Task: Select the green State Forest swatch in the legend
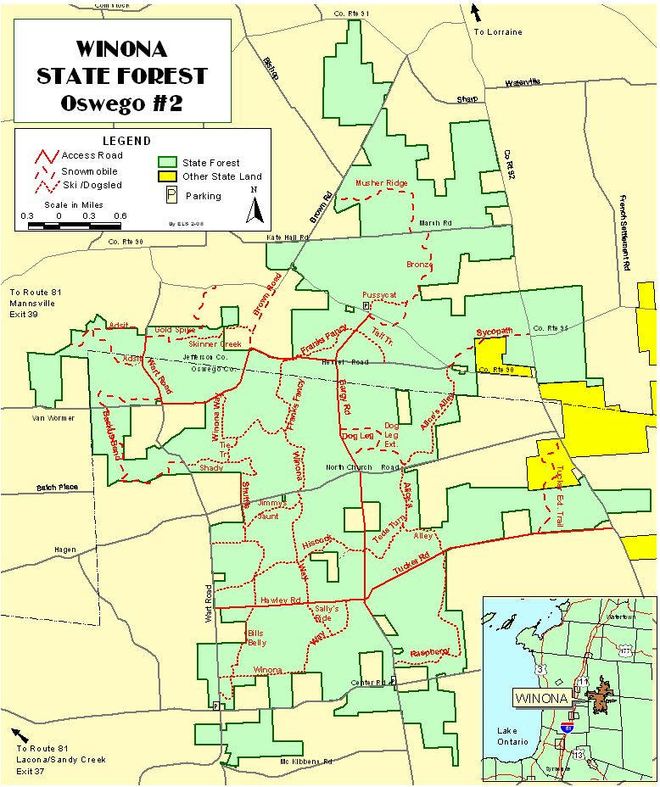(x=168, y=162)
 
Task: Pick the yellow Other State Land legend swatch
(x=168, y=176)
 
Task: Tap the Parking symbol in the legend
(x=169, y=195)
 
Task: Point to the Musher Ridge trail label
(x=381, y=183)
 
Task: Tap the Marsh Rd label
(x=435, y=224)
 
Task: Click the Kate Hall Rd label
(x=286, y=238)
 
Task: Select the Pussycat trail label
(x=379, y=294)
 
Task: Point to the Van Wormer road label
(x=48, y=417)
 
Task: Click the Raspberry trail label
(x=429, y=652)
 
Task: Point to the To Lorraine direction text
(x=497, y=32)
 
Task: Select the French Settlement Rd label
(x=625, y=228)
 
